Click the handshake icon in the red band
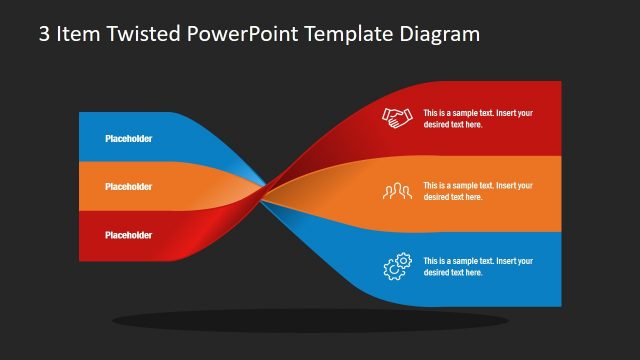click(397, 118)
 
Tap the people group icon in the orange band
click(397, 190)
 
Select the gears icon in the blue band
click(397, 266)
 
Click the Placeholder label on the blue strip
click(129, 138)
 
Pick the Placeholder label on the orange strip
click(129, 186)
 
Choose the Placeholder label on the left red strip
click(129, 235)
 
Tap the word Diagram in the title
click(441, 34)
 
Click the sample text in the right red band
click(478, 118)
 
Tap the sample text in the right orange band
click(478, 191)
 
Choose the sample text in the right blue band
click(478, 266)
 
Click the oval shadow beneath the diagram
click(310, 321)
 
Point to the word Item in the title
click(81, 34)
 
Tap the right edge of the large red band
click(558, 118)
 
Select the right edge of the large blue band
click(558, 268)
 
